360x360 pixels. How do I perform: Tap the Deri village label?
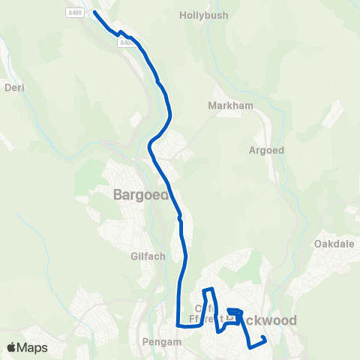(15, 88)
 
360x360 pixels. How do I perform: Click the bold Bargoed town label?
(139, 195)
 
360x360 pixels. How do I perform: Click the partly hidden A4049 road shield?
(125, 43)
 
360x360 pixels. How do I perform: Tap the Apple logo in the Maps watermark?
(11, 347)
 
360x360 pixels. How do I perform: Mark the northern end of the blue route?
(94, 13)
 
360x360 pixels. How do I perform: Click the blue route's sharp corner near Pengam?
(178, 325)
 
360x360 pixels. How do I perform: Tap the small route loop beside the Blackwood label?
(234, 313)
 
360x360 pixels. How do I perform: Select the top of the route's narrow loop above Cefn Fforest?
(208, 289)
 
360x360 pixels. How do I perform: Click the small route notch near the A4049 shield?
(120, 32)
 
